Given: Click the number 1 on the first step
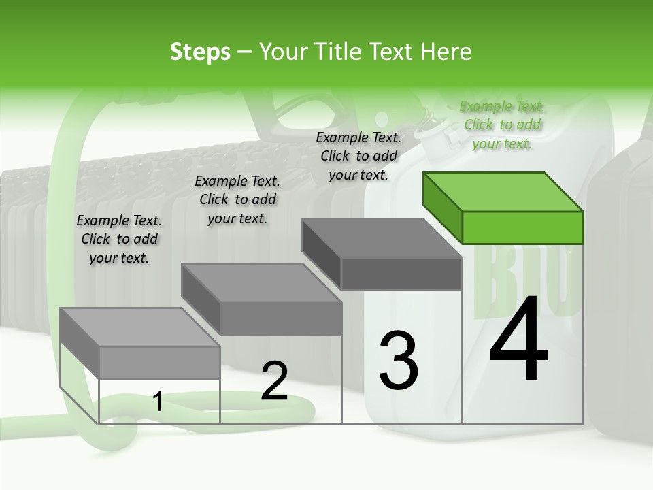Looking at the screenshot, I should pyautogui.click(x=158, y=402).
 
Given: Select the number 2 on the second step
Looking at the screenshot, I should pyautogui.click(x=274, y=381).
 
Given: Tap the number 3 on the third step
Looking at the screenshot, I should pyautogui.click(x=399, y=360).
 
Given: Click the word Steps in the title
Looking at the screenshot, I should pyautogui.click(x=200, y=52).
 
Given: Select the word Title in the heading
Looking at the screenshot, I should pyautogui.click(x=341, y=52).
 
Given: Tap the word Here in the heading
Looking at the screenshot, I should pyautogui.click(x=446, y=52).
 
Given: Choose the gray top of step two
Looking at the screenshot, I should pyautogui.click(x=262, y=282).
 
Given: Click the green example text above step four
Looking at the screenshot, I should pyautogui.click(x=502, y=125).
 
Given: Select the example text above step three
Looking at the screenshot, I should pyautogui.click(x=358, y=156).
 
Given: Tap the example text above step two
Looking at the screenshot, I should pyautogui.click(x=237, y=199).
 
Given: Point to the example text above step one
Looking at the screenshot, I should pyautogui.click(x=119, y=239).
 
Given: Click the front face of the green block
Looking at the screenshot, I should pyautogui.click(x=522, y=227).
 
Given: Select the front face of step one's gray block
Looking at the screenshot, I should pyautogui.click(x=160, y=362).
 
